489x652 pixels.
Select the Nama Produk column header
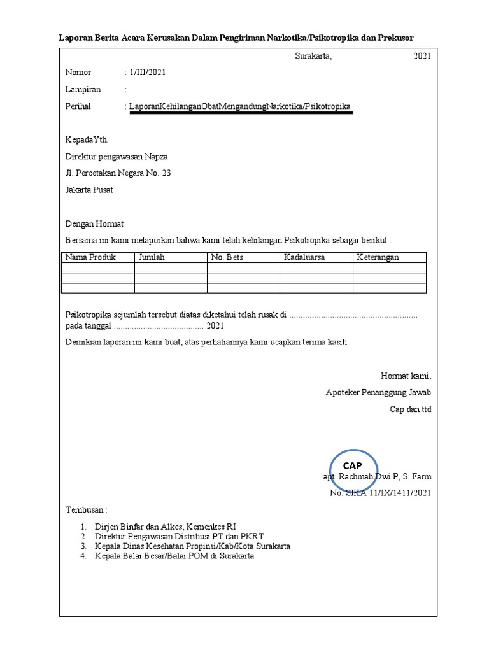tap(90, 257)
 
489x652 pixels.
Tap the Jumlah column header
tap(152, 257)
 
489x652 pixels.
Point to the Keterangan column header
tap(378, 257)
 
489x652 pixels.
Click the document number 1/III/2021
tap(148, 73)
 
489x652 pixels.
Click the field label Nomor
tap(78, 73)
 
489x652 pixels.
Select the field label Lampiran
tap(83, 89)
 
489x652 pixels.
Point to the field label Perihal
tap(78, 106)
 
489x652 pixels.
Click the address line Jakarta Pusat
tap(89, 190)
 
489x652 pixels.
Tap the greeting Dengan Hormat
tap(95, 224)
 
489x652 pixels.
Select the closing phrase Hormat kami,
tap(406, 376)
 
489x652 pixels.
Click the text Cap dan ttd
tap(411, 409)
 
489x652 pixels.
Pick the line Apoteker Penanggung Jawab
tap(378, 392)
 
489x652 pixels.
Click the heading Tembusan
tap(87, 511)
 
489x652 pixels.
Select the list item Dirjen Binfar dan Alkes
tap(165, 527)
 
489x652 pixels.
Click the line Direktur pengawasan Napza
tap(117, 157)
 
